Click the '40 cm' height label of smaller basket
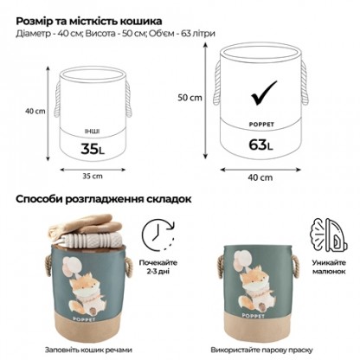click(x=35, y=111)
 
